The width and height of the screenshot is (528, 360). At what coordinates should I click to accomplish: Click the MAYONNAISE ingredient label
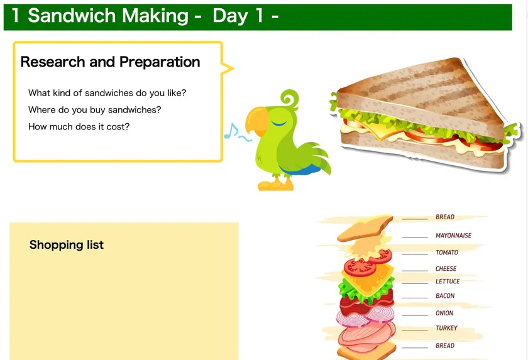[x=453, y=236]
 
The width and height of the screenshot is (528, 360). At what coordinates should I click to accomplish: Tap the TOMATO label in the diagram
[x=447, y=253]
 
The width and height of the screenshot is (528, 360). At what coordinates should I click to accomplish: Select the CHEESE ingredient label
[x=446, y=268]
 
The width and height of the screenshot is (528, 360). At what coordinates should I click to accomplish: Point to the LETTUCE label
[x=448, y=281]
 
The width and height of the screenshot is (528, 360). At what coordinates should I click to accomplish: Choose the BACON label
[x=445, y=296]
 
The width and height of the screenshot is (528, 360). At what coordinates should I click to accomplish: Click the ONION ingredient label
[x=444, y=313]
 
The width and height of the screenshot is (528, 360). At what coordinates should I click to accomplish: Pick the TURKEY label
[x=446, y=328]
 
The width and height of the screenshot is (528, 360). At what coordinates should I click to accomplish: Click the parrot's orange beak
[x=256, y=121]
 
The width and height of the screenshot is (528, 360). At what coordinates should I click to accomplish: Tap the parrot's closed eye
[x=279, y=123]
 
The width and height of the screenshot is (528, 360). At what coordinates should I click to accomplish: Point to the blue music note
[x=231, y=131]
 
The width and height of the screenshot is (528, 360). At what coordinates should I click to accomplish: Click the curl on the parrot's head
[x=290, y=99]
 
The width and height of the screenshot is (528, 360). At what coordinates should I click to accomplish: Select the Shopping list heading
[x=67, y=244]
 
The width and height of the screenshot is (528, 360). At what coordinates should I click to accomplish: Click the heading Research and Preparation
[x=110, y=62]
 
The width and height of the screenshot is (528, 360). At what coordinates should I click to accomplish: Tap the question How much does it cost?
[x=79, y=126]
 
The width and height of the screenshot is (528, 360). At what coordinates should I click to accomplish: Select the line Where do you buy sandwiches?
[x=95, y=110]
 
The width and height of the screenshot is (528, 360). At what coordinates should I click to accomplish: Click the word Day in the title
[x=230, y=16]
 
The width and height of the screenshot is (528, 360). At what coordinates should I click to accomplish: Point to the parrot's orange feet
[x=276, y=184]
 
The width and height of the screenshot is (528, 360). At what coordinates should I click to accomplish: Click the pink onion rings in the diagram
[x=365, y=315]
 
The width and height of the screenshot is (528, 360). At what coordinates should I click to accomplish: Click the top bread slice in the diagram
[x=365, y=228]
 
